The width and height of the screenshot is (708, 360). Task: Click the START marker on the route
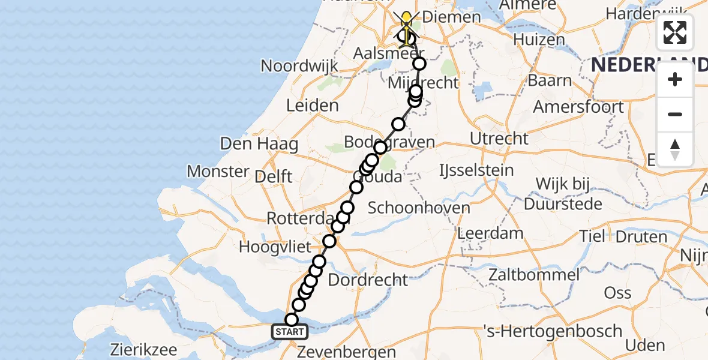[x=290, y=332]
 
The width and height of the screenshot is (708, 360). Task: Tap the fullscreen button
[x=675, y=32]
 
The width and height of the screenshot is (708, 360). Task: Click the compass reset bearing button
[x=675, y=149]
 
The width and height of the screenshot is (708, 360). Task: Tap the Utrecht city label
[x=499, y=139]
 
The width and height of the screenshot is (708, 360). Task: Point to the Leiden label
[x=312, y=106]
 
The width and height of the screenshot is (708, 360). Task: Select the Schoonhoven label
[x=419, y=208]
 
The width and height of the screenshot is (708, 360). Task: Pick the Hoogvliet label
[x=275, y=247]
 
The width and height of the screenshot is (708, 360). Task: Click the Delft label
[x=273, y=176]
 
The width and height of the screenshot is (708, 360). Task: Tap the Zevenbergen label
[x=347, y=352]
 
